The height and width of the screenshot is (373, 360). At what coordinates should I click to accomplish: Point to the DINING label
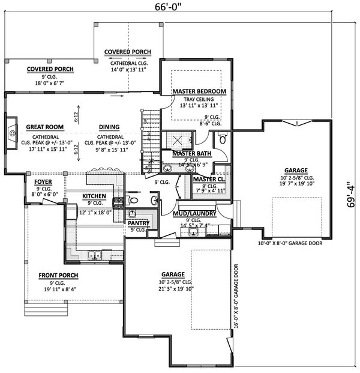click(x=109, y=127)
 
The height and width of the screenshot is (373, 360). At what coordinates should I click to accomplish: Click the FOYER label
click(x=43, y=180)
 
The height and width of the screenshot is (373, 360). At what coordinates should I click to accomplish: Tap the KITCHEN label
click(x=94, y=196)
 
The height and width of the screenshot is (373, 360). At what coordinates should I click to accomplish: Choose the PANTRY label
click(x=139, y=222)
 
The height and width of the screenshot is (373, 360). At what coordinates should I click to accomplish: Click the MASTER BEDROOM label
click(x=199, y=91)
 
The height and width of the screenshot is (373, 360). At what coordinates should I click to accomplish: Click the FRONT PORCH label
click(x=59, y=275)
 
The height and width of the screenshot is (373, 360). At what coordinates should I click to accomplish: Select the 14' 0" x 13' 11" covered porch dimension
click(x=127, y=69)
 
